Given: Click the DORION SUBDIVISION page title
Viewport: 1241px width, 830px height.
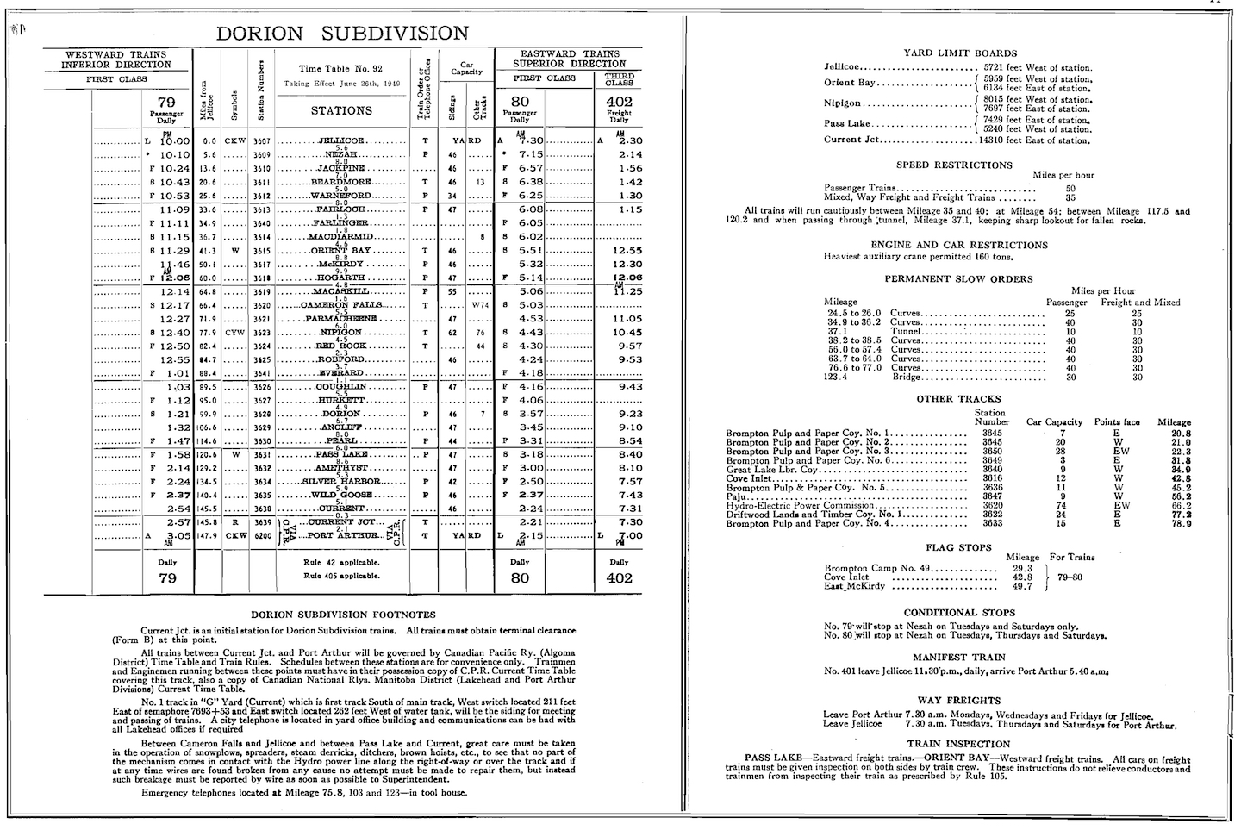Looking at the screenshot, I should [x=341, y=34].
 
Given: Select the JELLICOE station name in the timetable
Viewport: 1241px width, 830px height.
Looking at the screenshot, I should [x=341, y=140].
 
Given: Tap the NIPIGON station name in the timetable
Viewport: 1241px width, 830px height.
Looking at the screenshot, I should [x=341, y=332].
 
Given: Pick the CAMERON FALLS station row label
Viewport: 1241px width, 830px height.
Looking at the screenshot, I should [x=341, y=305].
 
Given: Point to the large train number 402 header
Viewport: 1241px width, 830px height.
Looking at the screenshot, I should [x=619, y=102].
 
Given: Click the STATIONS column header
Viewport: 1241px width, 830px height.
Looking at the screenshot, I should [x=341, y=110].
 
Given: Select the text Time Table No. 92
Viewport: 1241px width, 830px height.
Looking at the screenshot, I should [x=340, y=69].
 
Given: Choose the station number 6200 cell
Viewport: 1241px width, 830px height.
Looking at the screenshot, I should [x=262, y=535].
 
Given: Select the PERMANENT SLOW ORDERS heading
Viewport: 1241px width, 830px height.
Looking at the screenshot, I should [x=958, y=278].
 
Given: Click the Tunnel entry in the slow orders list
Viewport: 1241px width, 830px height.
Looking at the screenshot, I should [x=905, y=331].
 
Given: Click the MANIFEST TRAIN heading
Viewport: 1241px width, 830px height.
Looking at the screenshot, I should [x=958, y=656].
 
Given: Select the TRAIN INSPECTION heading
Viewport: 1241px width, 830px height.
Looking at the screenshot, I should [x=958, y=743].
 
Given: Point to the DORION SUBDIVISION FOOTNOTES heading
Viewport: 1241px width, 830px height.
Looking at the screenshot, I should [x=343, y=615].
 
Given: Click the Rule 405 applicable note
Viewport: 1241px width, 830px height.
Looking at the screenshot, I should [x=341, y=575].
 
